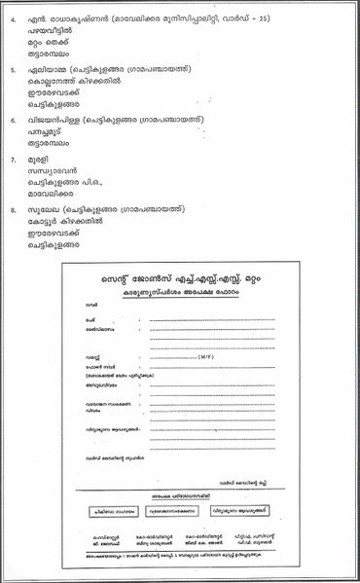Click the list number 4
click(x=12, y=20)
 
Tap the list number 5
click(x=12, y=70)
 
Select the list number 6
click(x=12, y=120)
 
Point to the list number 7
click(x=12, y=158)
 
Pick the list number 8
click(x=12, y=207)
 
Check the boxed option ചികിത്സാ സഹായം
click(x=111, y=509)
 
